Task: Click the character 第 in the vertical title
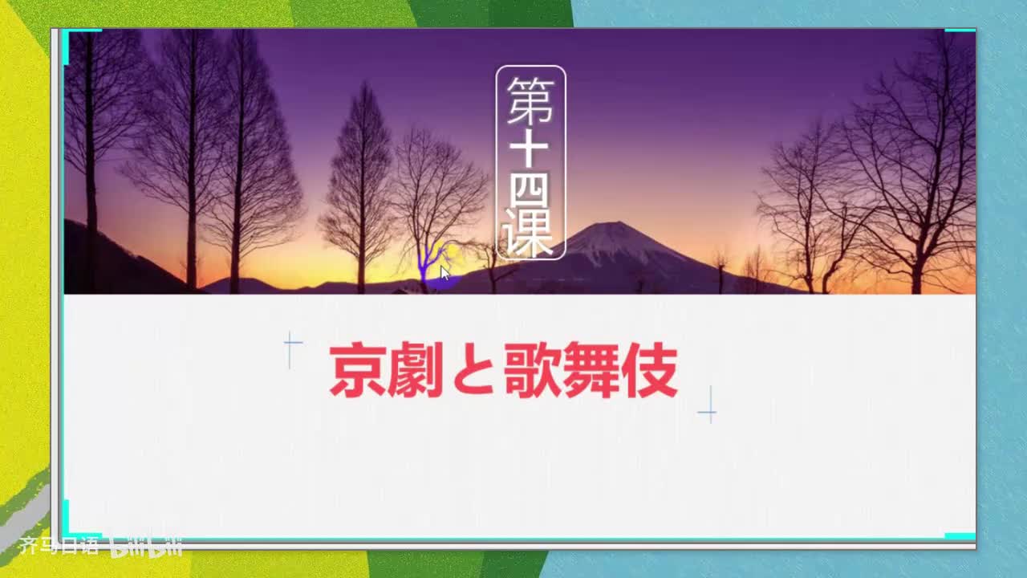(531, 101)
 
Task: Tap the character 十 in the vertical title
(529, 149)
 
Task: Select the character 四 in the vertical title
(530, 190)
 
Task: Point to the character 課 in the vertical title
(528, 232)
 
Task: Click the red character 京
(358, 370)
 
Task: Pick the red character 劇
(416, 370)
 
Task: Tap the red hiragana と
(473, 371)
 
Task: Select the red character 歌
(532, 370)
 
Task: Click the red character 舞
(591, 370)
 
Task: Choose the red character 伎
(649, 370)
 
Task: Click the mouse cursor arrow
(444, 273)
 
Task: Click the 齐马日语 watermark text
(59, 546)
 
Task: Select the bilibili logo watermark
(146, 547)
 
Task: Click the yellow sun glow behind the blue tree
(452, 251)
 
